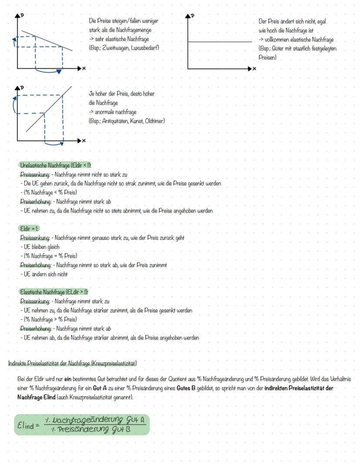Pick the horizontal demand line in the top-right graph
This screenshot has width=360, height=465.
pyautogui.click(x=220, y=42)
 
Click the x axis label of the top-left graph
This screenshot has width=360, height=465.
pyautogui.click(x=84, y=69)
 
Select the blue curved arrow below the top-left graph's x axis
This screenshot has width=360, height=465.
pyautogui.click(x=48, y=71)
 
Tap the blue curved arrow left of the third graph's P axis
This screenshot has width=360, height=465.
pyautogui.click(x=15, y=104)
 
